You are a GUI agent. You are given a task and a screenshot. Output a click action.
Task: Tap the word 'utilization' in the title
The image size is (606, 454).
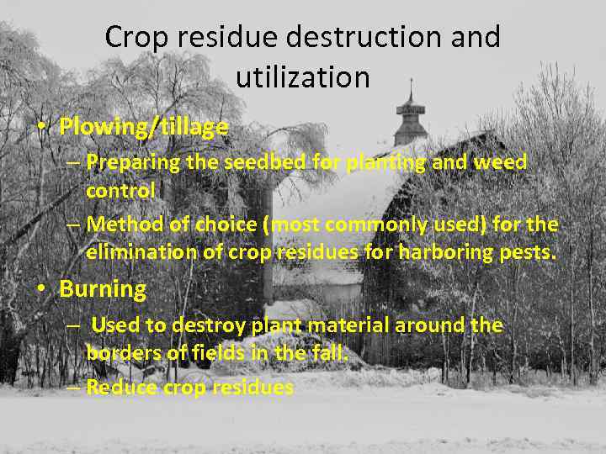pos(303,77)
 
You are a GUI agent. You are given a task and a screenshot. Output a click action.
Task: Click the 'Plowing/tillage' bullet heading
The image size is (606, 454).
pos(144,127)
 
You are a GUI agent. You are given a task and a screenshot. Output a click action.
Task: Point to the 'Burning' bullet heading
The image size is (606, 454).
pos(103,290)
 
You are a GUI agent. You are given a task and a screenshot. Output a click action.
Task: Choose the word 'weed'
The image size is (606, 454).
pos(502,162)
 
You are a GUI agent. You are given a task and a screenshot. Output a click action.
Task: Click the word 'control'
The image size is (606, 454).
pos(120,191)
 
